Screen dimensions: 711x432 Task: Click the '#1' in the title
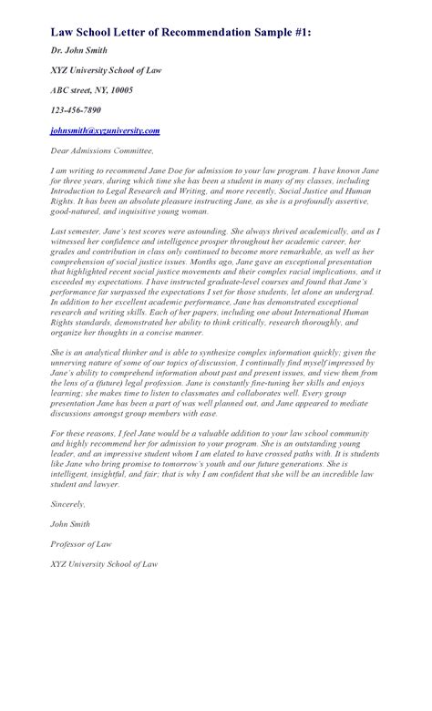[301, 32]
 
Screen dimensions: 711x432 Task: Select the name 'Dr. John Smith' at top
[79, 50]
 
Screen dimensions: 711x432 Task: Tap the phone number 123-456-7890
[76, 110]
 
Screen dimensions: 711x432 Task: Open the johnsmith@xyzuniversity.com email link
[105, 130]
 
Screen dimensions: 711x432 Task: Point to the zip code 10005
[118, 90]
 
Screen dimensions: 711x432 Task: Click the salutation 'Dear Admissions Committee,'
[102, 150]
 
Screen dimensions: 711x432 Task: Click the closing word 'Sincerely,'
[68, 503]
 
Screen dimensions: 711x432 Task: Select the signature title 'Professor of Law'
[82, 543]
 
